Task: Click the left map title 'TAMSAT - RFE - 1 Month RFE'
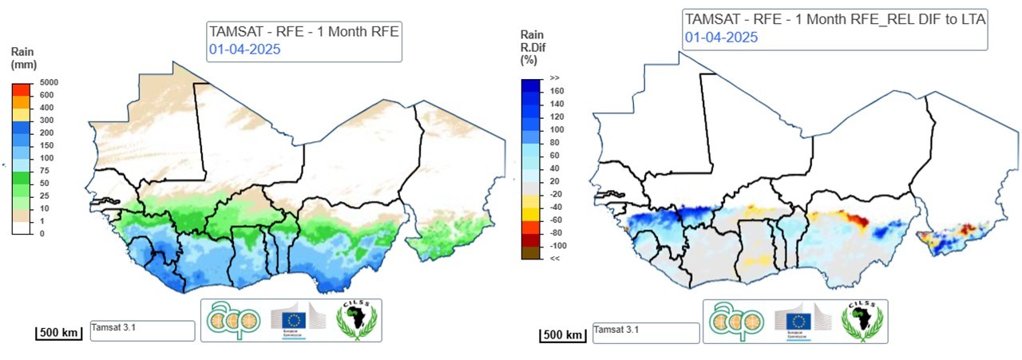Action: (303, 32)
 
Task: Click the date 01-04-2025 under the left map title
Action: (244, 49)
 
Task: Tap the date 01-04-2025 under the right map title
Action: (720, 38)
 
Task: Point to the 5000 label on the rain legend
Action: (49, 82)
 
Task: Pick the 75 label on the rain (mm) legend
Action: (43, 170)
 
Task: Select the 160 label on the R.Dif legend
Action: (557, 91)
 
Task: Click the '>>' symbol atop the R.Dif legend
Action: (554, 78)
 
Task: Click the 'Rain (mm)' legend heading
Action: (22, 58)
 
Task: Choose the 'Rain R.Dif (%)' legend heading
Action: (533, 46)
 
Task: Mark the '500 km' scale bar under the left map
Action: (58, 331)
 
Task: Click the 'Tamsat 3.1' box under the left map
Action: (142, 330)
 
